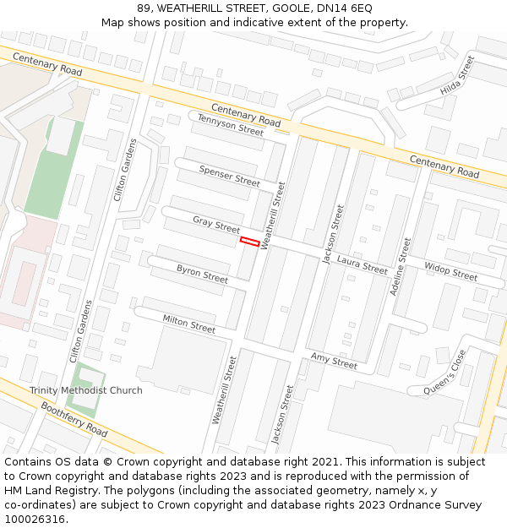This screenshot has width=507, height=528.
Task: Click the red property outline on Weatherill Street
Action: click(249, 242)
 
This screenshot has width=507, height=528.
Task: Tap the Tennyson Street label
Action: click(231, 125)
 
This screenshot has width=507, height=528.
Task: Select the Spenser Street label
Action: click(229, 176)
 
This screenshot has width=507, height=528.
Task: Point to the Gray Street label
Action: click(216, 225)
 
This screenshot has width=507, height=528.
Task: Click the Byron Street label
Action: click(202, 274)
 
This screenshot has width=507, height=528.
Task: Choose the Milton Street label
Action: click(188, 323)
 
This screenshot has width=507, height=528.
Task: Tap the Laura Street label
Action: click(362, 265)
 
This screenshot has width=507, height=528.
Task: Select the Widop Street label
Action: click(450, 271)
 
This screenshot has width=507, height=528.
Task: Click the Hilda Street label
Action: click(458, 75)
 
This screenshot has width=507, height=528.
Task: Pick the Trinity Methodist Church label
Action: click(86, 390)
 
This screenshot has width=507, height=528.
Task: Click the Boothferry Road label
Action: click(74, 419)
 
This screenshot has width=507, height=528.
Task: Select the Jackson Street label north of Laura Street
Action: click(333, 232)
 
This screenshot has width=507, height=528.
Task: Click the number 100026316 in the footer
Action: click(33, 520)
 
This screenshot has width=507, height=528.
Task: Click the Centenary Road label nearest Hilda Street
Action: click(444, 166)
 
